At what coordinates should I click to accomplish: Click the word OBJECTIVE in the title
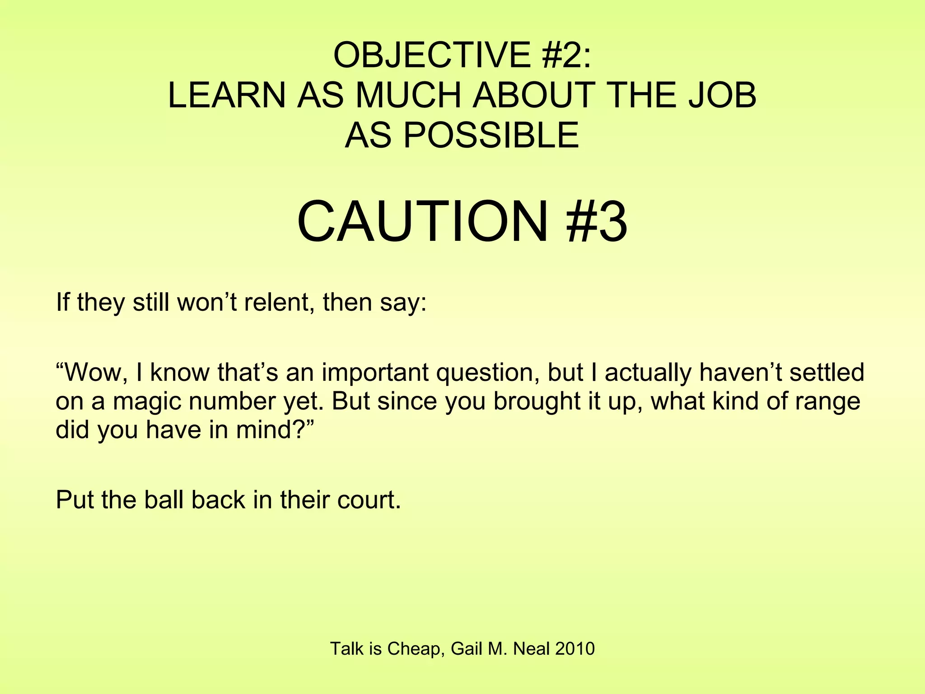coord(432,55)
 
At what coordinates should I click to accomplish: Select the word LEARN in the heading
coord(227,95)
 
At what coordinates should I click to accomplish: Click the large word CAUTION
coord(422,222)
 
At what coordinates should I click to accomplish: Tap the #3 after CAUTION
coord(597,222)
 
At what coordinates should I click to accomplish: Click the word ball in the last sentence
coord(164,500)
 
